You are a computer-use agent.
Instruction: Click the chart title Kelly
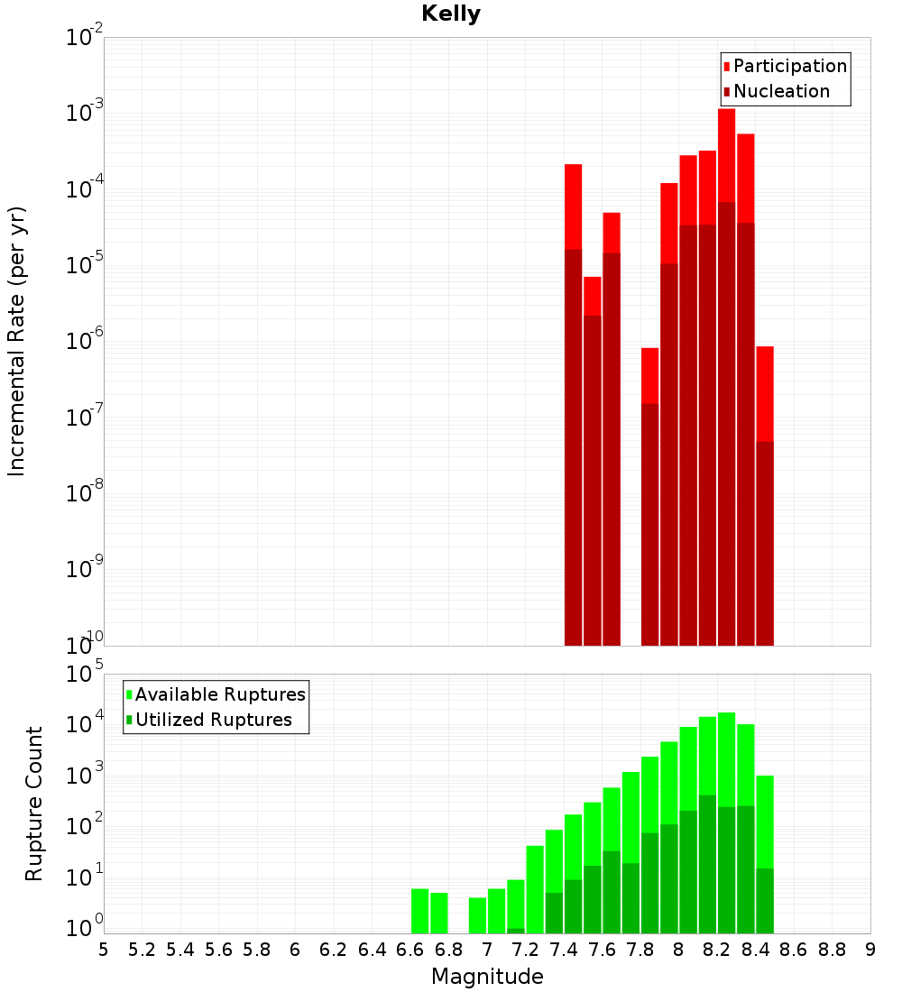[451, 14]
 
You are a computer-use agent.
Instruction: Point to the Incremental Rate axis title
[16, 341]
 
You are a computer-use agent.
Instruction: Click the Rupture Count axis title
[34, 803]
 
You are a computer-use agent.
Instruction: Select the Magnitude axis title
[487, 977]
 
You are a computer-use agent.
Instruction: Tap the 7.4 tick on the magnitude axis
[564, 950]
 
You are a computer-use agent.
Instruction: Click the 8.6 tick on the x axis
[794, 950]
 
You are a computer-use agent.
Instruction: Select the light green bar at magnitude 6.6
[419, 911]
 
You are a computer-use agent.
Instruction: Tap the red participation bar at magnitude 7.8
[649, 374]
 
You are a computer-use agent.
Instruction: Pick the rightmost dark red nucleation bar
[765, 541]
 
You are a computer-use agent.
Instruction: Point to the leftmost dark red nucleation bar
[573, 451]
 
